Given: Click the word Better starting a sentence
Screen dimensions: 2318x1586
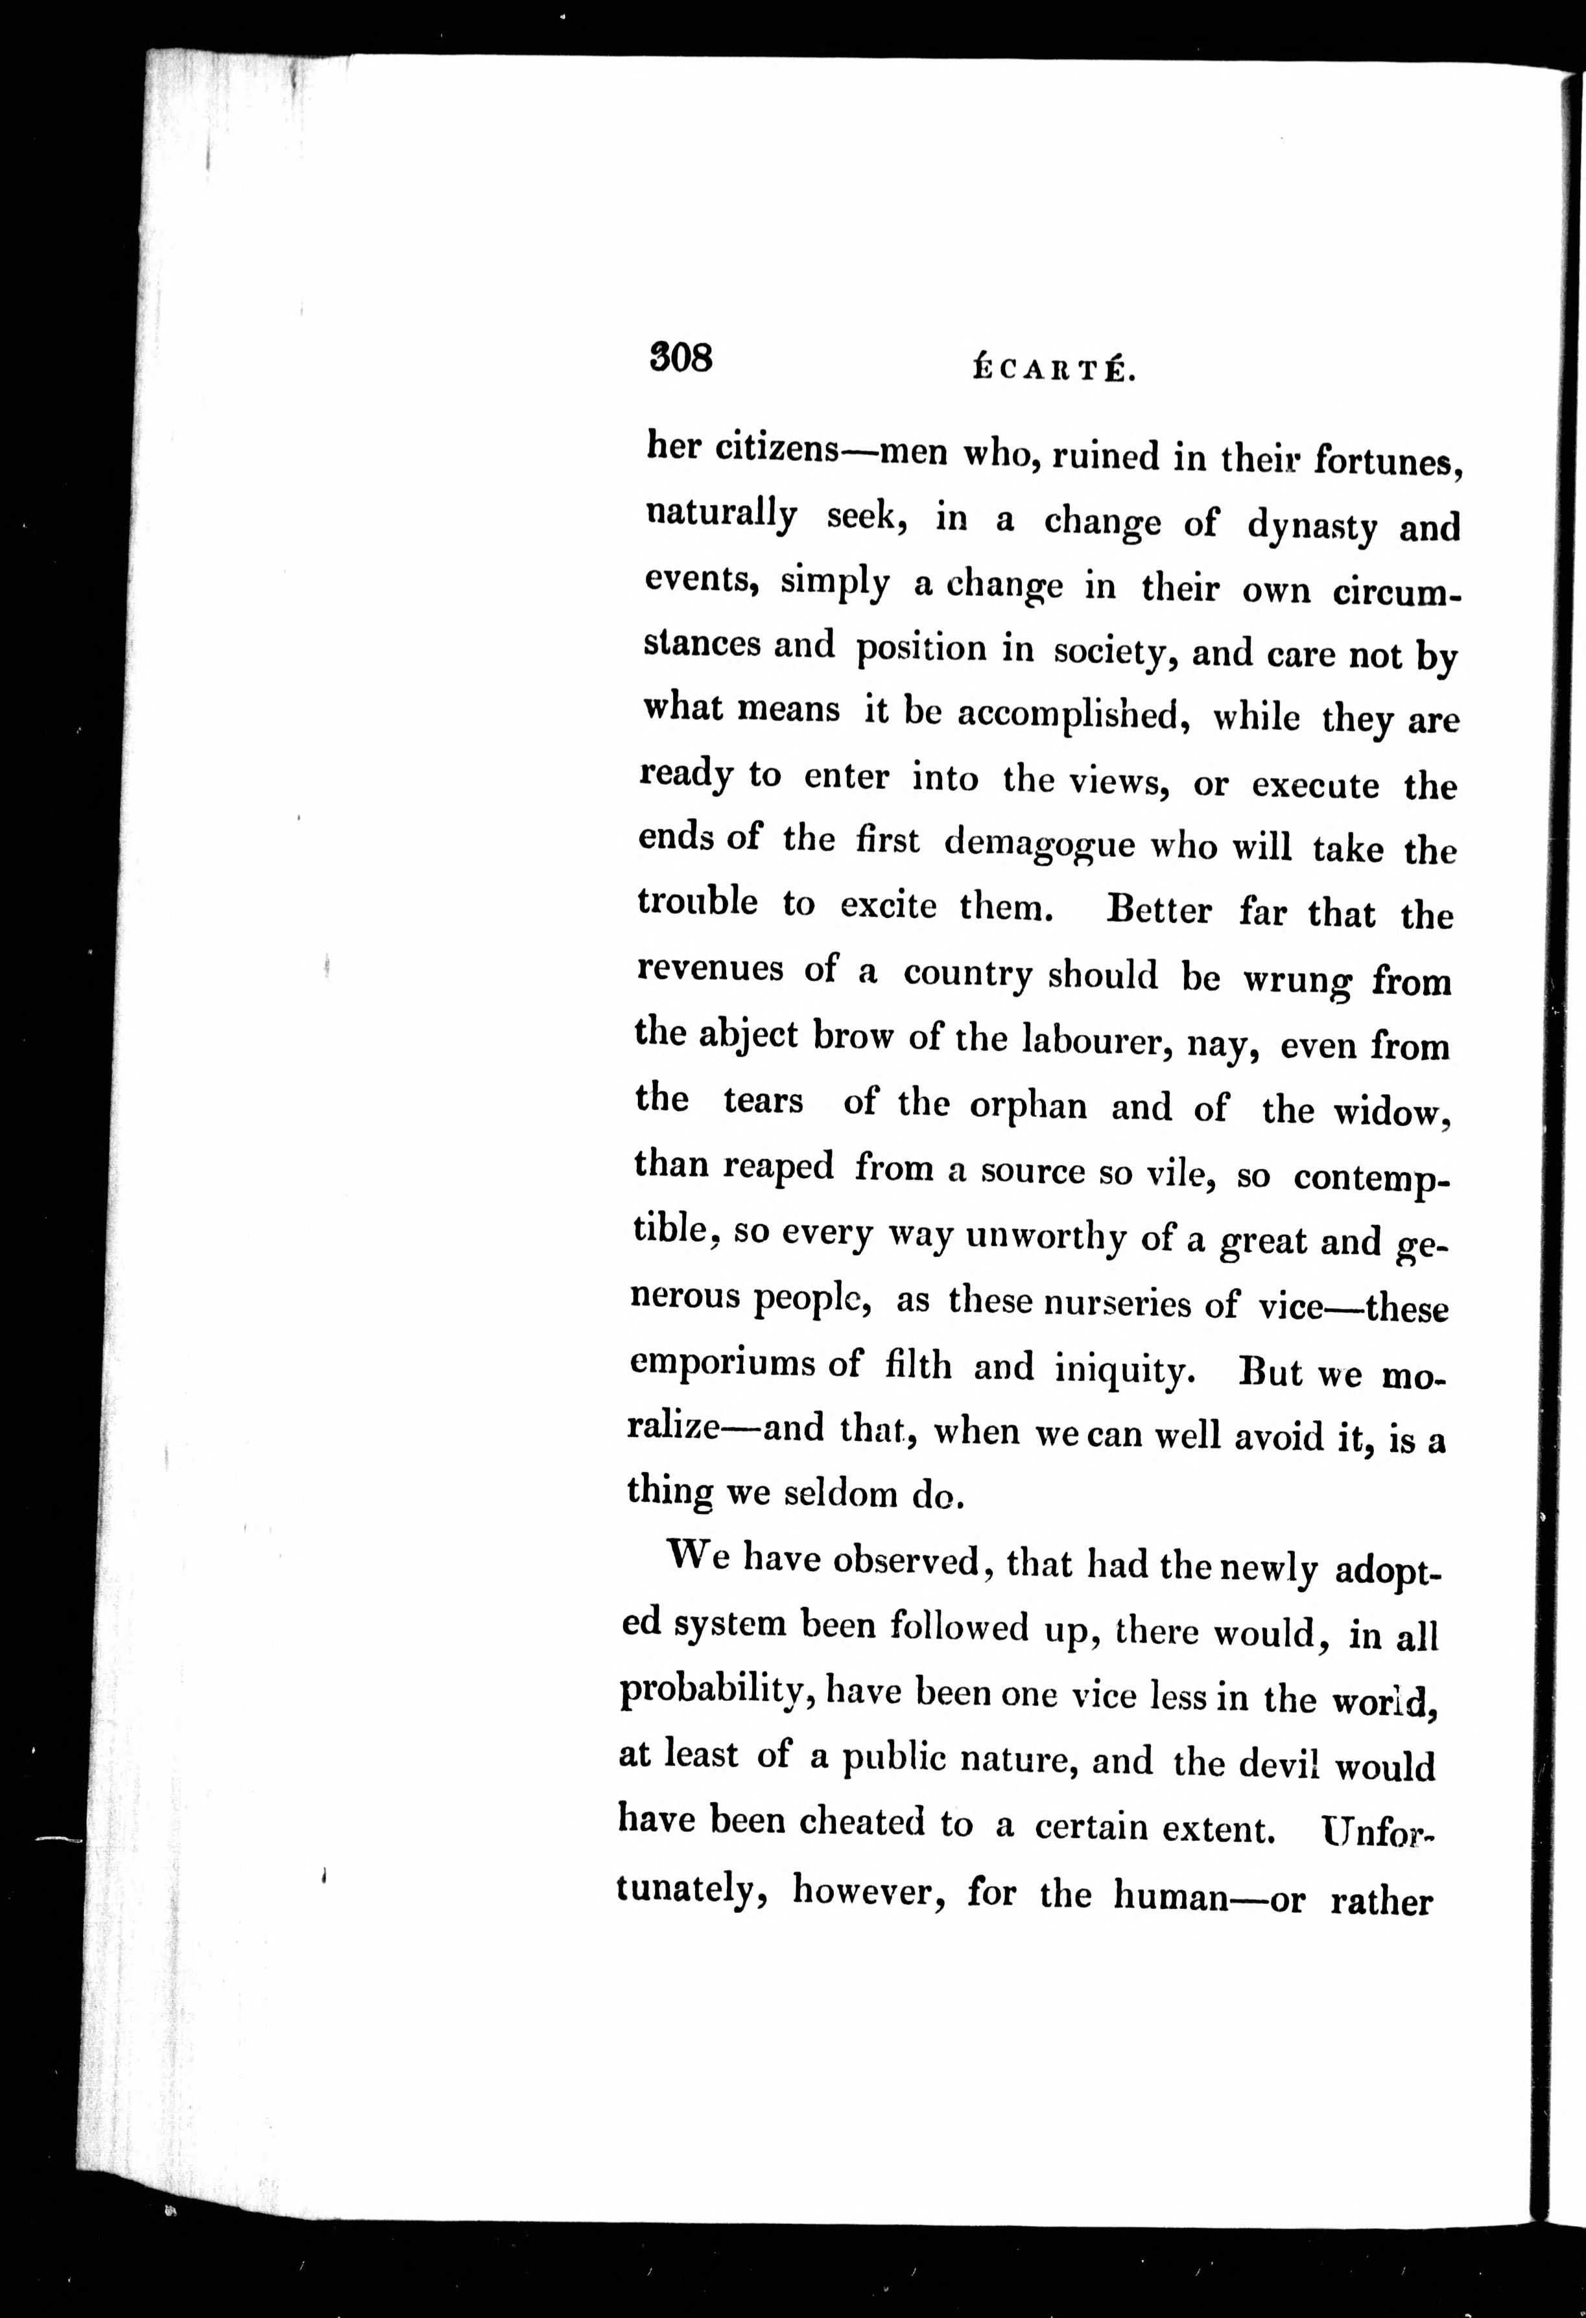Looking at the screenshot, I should [1159, 909].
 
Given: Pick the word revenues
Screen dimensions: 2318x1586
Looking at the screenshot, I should [710, 968].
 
